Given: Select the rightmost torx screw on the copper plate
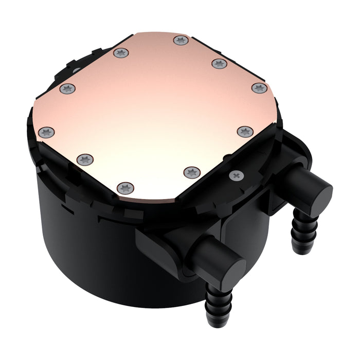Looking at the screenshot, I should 260,88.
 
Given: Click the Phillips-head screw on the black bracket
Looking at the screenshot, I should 236,176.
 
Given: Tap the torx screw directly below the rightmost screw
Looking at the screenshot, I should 245,132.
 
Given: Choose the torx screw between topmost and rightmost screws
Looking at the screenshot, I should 219,64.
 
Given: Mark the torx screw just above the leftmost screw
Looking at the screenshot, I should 67,89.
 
